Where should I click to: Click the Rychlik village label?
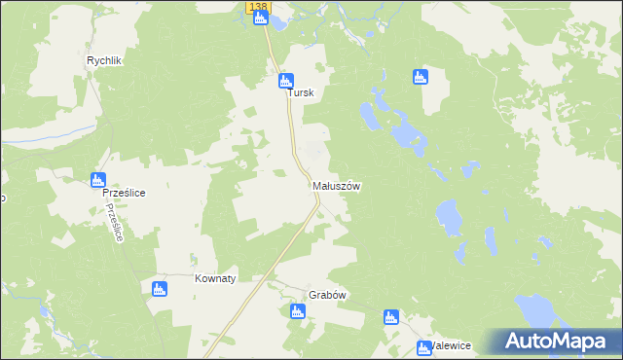103,60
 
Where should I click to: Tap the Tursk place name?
300,94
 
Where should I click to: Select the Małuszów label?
337,186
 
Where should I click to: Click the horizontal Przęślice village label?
125,194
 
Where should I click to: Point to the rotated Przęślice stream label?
116,224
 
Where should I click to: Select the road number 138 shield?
257,7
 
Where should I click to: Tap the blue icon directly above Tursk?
285,81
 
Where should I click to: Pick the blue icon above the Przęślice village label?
97,179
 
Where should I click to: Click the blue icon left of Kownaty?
160,288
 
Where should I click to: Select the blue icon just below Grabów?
297,311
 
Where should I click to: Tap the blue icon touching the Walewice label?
421,347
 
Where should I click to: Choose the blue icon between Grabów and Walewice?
390,316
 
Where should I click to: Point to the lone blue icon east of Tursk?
421,77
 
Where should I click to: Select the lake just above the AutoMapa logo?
536,310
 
